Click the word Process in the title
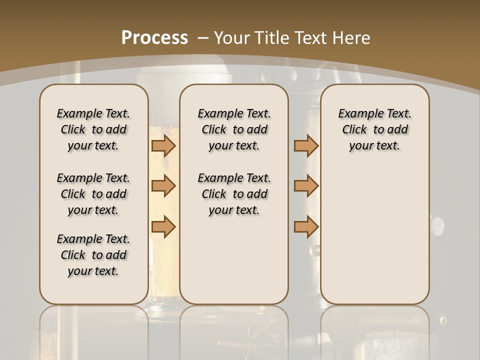click(155, 38)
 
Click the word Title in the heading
click(269, 38)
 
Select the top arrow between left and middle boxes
click(163, 145)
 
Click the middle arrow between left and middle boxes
click(163, 186)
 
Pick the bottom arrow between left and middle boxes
click(163, 226)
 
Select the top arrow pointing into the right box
click(306, 145)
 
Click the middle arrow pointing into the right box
click(306, 186)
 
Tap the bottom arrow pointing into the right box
click(306, 226)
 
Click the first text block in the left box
click(93, 129)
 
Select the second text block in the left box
click(93, 194)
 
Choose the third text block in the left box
click(93, 255)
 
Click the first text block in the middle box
click(234, 129)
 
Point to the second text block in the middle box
click(234, 194)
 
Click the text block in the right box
click(374, 129)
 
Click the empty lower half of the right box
click(374, 240)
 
